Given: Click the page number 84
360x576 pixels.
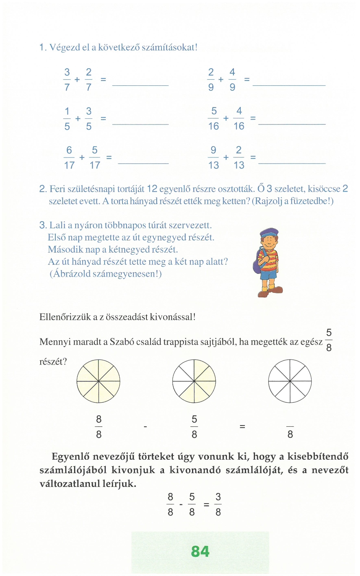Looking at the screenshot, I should pos(200,551).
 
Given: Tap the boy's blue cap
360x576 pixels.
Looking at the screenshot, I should pos(269,233).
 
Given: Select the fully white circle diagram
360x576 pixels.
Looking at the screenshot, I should pos(290,381).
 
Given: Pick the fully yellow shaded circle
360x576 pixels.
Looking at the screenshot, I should pos(98,381).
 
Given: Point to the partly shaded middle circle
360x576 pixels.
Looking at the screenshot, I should pos(194,381).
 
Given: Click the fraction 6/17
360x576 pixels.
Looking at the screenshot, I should pos(69,157).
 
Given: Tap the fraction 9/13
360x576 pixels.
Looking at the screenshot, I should pos(213,157).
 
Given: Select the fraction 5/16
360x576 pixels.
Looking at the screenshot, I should pos(214,118).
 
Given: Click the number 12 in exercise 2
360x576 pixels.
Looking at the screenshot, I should pos(152,189).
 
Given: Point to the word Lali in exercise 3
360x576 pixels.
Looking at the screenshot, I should pos(57,225).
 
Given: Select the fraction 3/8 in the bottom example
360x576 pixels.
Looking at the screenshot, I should pos(218,504).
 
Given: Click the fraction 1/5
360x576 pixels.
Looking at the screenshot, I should pos(67,118).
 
